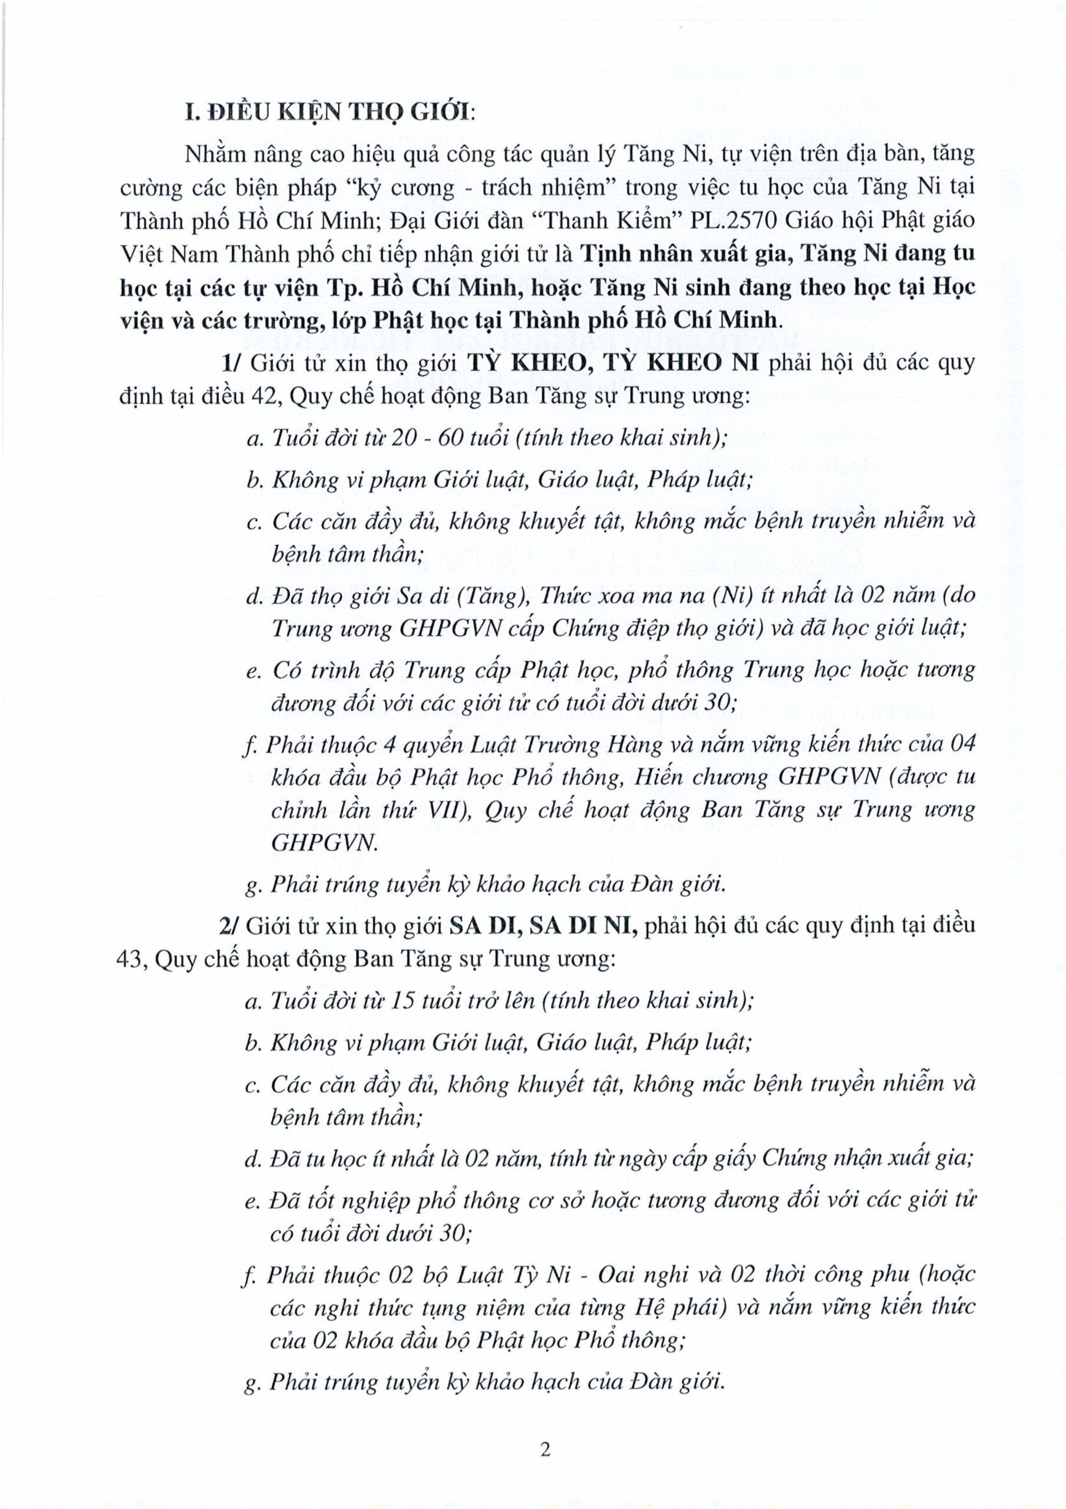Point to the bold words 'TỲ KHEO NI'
[x=703, y=362]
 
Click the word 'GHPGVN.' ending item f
[x=324, y=844]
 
